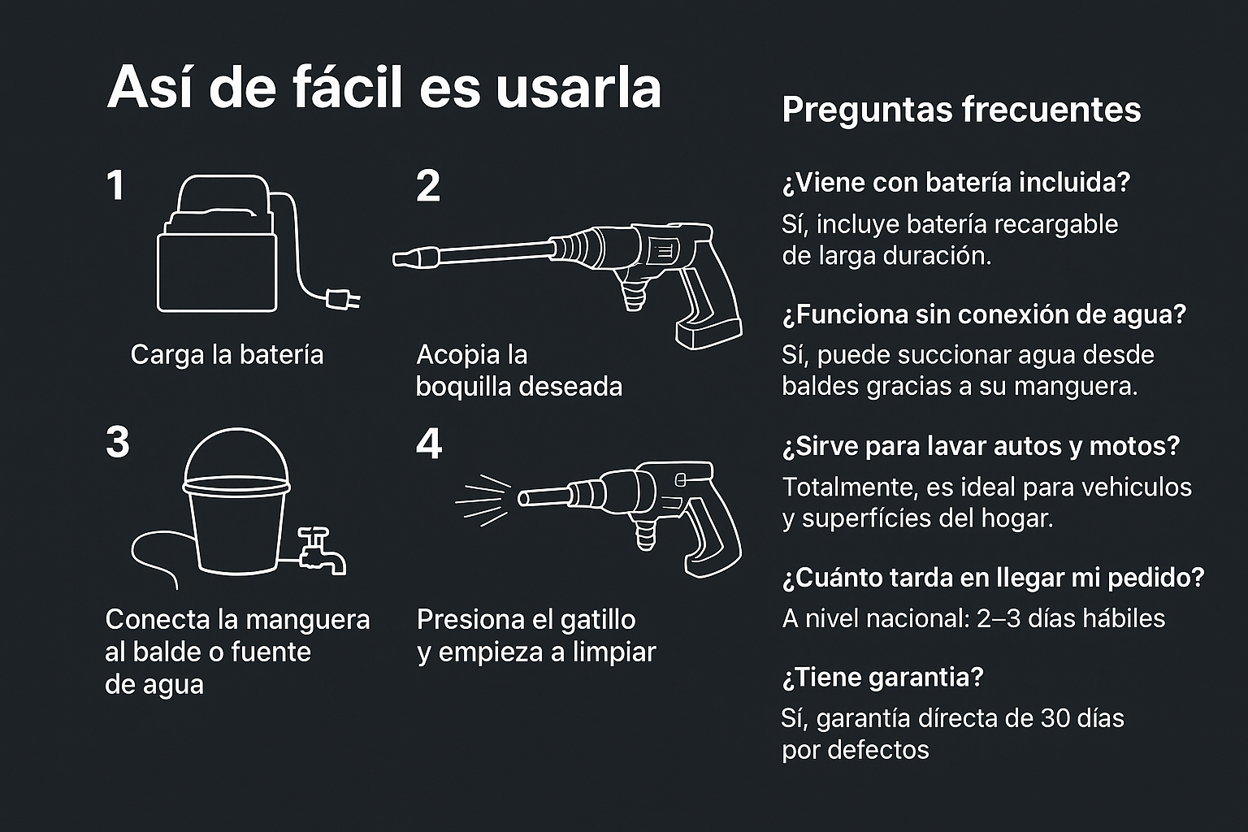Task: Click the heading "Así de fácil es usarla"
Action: (383, 89)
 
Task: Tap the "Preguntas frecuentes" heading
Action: (961, 110)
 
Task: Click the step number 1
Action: (116, 185)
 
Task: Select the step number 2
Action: (428, 186)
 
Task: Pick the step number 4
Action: (429, 444)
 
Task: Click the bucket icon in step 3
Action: (236, 501)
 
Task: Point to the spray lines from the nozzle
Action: (483, 500)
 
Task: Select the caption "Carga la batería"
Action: (227, 355)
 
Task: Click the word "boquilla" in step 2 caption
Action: (464, 387)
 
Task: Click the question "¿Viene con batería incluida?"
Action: (956, 183)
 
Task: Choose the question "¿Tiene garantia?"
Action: (883, 678)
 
